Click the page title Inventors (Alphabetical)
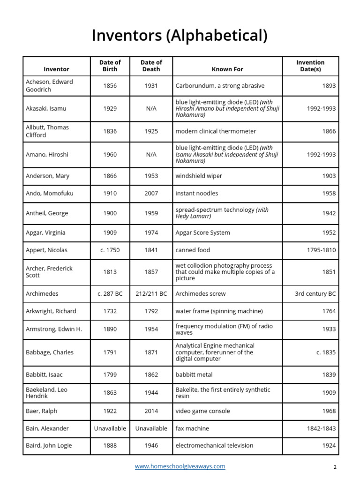tap(180, 36)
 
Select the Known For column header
tap(227, 69)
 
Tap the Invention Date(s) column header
tap(310, 66)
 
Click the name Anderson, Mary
tap(47, 176)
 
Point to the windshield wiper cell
tap(199, 176)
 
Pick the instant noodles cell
tap(197, 193)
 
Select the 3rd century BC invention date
tap(315, 293)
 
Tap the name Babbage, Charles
tap(50, 352)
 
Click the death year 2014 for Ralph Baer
tap(151, 411)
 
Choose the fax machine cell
tap(192, 428)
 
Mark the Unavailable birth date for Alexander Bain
tap(110, 428)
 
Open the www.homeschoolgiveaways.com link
tap(180, 466)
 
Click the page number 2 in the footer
tap(335, 467)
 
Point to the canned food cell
tap(193, 250)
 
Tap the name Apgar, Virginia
tap(45, 232)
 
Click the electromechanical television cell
tap(214, 445)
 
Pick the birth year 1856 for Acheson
tap(110, 86)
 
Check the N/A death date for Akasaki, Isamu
tap(151, 108)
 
